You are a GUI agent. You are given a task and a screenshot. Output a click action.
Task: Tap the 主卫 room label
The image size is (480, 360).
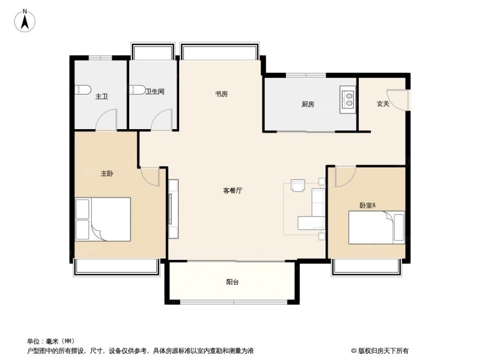(101, 96)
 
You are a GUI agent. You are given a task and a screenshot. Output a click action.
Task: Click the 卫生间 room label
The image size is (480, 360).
(155, 91)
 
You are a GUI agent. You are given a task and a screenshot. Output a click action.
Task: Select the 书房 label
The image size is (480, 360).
(221, 94)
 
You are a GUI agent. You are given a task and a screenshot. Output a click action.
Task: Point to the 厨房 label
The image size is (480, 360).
(308, 104)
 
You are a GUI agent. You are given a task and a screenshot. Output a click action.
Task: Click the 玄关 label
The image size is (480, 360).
(383, 104)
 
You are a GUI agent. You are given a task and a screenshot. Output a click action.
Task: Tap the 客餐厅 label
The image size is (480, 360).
(233, 190)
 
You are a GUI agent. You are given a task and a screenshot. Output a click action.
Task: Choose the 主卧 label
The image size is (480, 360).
(107, 174)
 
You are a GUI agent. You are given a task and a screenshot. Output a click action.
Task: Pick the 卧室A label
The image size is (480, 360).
(368, 205)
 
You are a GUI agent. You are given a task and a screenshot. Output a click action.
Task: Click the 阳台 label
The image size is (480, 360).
(233, 282)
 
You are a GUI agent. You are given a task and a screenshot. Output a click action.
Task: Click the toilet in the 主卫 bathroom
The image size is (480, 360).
(82, 90)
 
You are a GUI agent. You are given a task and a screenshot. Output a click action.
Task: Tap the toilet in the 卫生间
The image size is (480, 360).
(135, 90)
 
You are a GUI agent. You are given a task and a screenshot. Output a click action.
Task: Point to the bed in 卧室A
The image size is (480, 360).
(376, 228)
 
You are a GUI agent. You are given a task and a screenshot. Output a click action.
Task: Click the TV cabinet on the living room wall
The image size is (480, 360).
(173, 209)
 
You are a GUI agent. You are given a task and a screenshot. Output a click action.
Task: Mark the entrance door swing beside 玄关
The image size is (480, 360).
(399, 100)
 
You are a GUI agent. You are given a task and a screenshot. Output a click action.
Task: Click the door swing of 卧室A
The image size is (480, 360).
(344, 176)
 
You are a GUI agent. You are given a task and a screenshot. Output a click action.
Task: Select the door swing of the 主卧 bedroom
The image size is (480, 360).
(150, 177)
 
